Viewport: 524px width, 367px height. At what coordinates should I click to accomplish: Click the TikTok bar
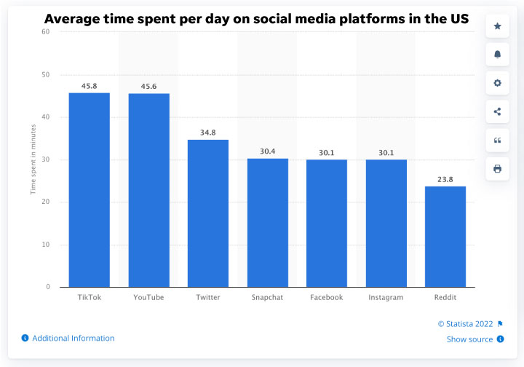[x=90, y=189]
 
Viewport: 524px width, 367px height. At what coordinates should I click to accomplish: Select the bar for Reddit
[x=445, y=237]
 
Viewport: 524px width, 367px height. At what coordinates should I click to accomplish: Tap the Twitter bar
[x=208, y=213]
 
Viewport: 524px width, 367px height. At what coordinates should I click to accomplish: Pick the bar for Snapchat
[x=268, y=222]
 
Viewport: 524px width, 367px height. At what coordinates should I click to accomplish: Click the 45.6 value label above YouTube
[x=148, y=87]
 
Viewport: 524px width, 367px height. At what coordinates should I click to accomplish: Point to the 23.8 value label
[x=445, y=179]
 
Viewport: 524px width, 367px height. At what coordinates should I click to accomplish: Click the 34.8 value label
[x=208, y=133]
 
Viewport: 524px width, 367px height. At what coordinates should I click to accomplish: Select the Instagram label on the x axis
[x=386, y=298]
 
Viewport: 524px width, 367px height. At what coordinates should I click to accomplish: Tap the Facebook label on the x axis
[x=327, y=298]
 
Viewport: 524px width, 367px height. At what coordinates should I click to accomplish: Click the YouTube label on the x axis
[x=148, y=298]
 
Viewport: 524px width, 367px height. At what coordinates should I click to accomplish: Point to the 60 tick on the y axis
[x=45, y=32]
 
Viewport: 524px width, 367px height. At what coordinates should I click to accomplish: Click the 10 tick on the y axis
[x=45, y=245]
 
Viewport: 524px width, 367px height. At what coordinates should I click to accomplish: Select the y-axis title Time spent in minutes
[x=33, y=159]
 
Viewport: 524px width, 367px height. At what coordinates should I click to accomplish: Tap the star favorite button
[x=497, y=26]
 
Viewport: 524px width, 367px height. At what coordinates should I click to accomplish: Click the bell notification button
[x=497, y=55]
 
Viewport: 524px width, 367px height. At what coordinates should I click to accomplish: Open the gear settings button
[x=497, y=83]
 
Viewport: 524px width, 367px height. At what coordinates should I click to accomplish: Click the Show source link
[x=469, y=339]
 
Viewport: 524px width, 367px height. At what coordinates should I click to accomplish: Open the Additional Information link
[x=73, y=338]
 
